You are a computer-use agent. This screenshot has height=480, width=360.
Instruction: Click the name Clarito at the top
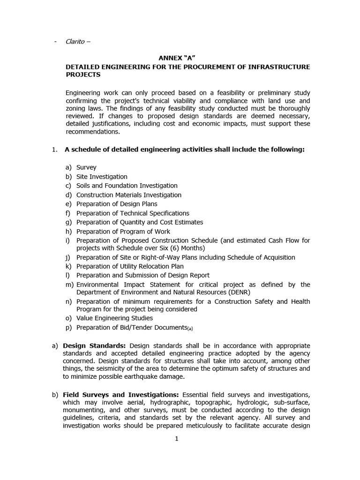75,42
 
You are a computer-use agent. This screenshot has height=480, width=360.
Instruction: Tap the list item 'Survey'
86,167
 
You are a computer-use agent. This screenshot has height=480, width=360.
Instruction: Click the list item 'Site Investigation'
102,177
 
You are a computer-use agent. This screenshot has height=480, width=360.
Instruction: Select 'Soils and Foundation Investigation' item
127,186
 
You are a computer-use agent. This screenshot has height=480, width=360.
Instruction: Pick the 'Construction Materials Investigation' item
128,195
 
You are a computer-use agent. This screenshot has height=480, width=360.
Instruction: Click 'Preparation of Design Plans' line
117,204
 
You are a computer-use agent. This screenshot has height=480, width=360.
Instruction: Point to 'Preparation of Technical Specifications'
133,213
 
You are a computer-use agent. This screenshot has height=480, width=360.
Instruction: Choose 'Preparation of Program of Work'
123,232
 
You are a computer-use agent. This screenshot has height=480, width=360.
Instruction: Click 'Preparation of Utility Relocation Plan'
130,266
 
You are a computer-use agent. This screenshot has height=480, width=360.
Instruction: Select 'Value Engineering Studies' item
114,318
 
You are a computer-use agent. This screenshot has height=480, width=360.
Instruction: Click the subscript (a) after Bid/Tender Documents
190,329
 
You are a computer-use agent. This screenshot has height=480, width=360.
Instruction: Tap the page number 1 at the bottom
177,439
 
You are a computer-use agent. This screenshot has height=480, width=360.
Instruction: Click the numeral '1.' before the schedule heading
54,150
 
